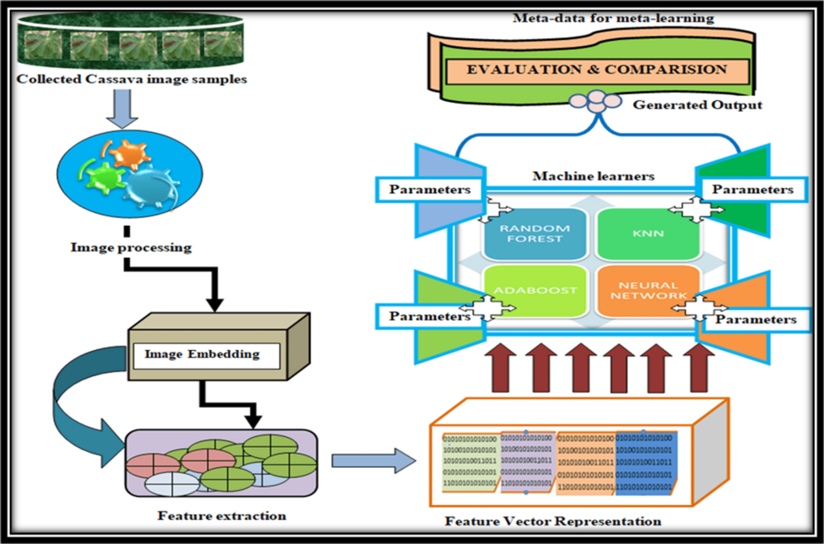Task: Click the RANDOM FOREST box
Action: tap(534, 233)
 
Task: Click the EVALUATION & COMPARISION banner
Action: tap(598, 70)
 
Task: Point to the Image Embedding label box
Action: tap(201, 354)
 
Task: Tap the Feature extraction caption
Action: tap(221, 516)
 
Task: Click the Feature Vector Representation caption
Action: tap(553, 521)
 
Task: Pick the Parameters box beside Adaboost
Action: tap(429, 316)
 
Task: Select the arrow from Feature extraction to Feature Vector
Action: tap(373, 459)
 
